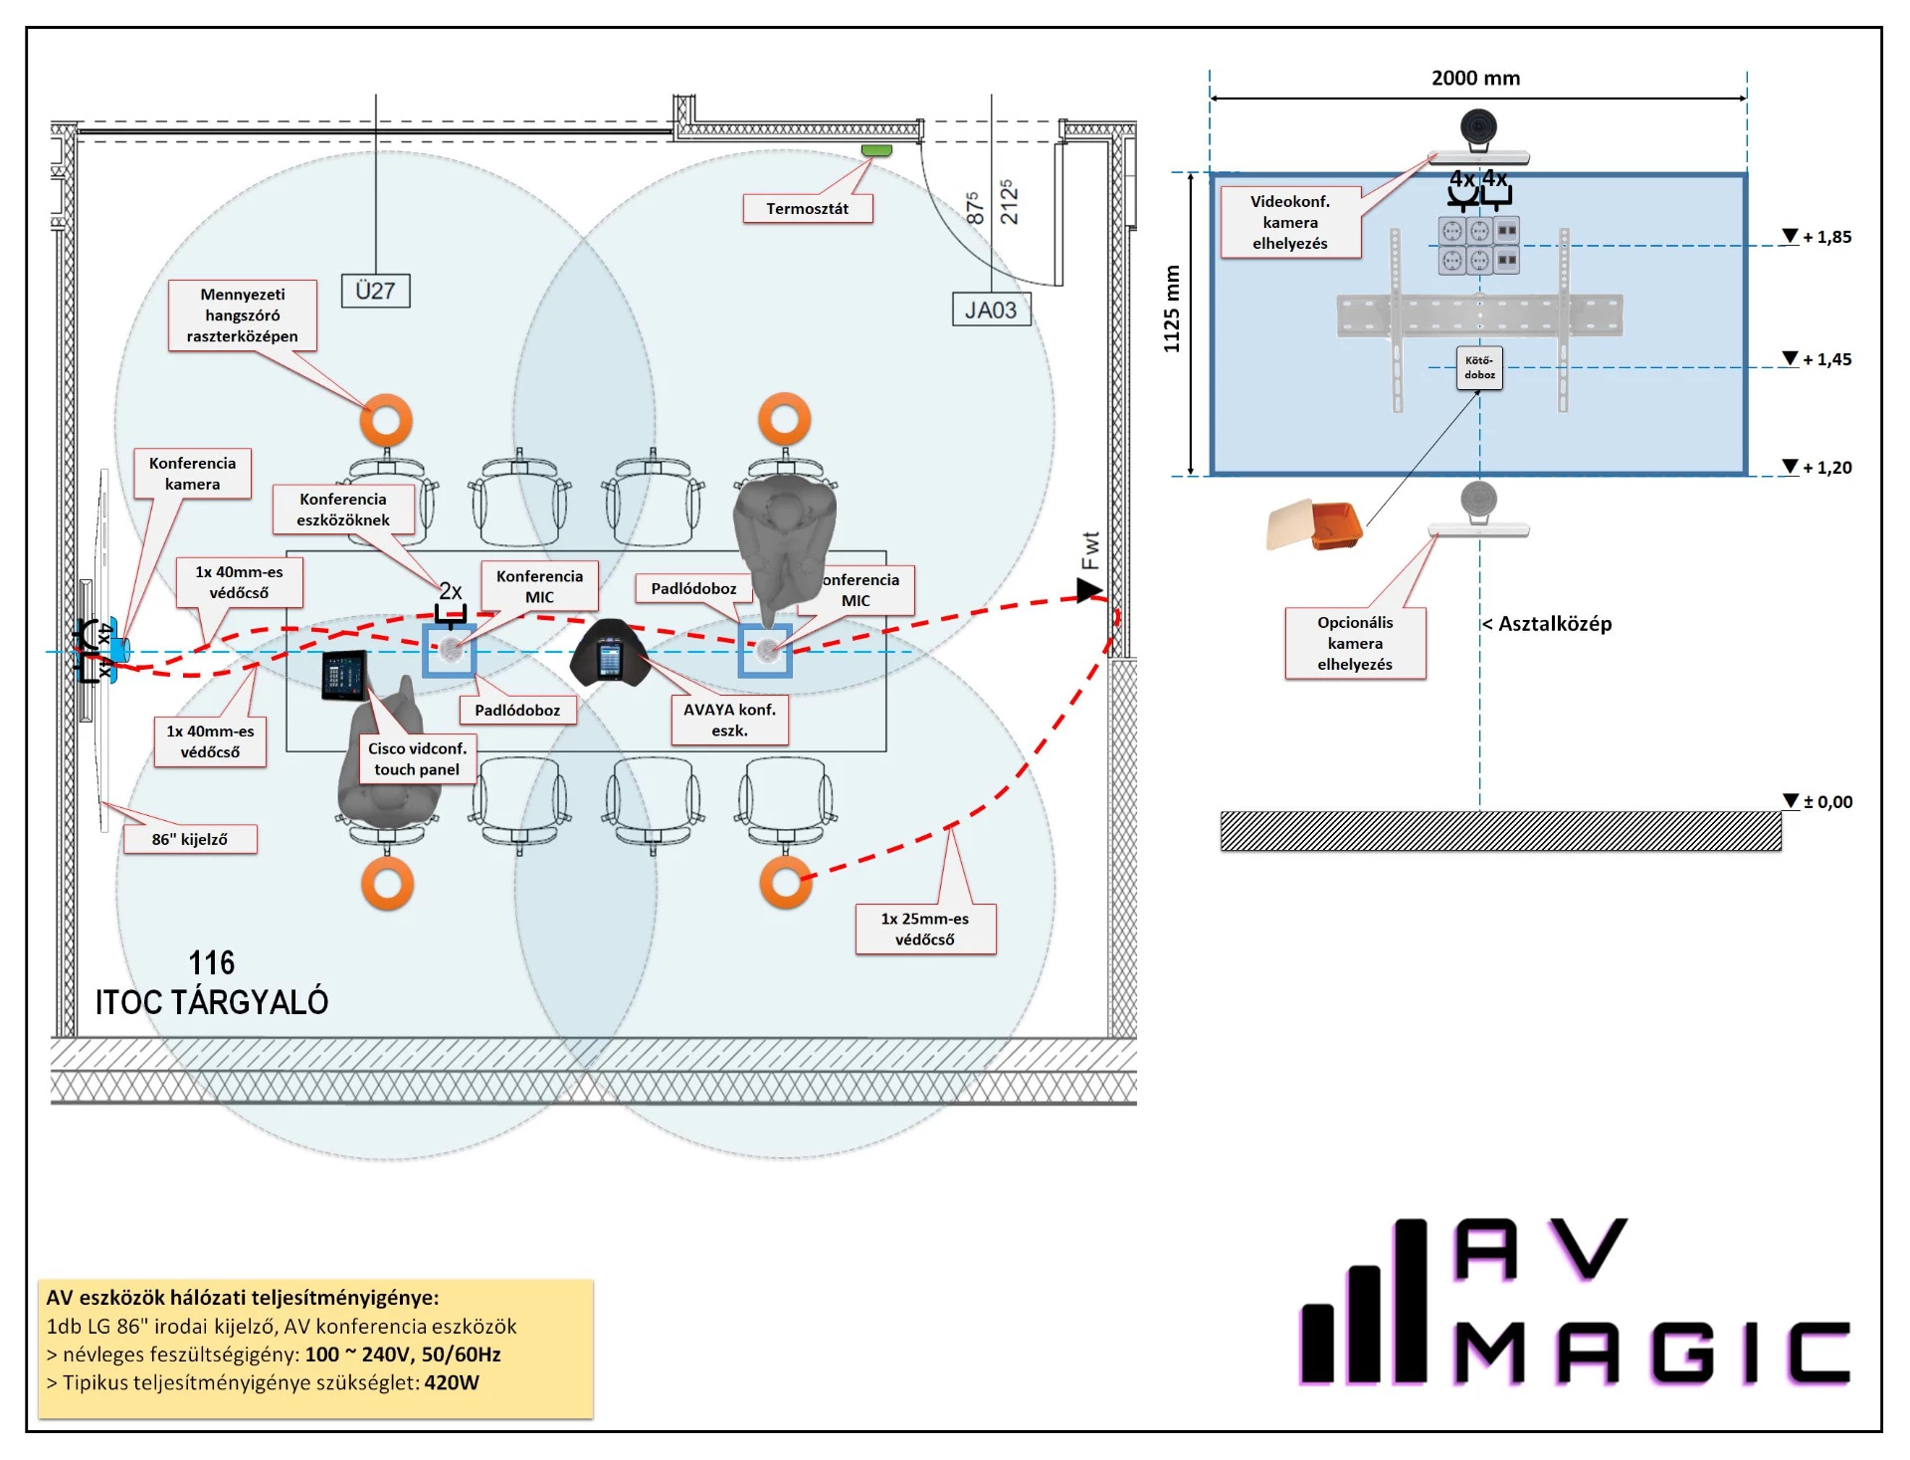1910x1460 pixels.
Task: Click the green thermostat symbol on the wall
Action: (x=876, y=150)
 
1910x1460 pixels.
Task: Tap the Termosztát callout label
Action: (x=807, y=209)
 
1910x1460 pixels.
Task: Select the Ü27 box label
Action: (x=375, y=291)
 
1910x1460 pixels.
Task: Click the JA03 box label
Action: (x=990, y=310)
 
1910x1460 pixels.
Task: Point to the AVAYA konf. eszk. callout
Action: (x=729, y=720)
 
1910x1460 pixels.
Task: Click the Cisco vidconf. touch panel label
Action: (x=417, y=759)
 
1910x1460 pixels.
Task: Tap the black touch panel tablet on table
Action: (x=344, y=676)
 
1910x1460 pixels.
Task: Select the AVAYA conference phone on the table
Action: (x=610, y=654)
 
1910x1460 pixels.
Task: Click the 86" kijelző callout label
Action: (x=189, y=839)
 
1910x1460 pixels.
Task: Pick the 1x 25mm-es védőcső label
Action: (x=924, y=929)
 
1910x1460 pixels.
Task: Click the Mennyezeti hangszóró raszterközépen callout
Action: (x=242, y=315)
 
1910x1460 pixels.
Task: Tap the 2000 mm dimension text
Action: (x=1475, y=79)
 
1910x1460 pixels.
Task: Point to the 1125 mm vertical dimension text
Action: (x=1172, y=309)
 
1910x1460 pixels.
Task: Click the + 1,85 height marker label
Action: (x=1826, y=237)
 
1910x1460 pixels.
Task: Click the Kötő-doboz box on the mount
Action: (x=1479, y=367)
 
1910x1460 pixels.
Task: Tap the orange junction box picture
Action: (x=1315, y=524)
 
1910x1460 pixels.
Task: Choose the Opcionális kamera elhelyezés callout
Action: (x=1354, y=643)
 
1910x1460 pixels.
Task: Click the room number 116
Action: (x=211, y=962)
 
